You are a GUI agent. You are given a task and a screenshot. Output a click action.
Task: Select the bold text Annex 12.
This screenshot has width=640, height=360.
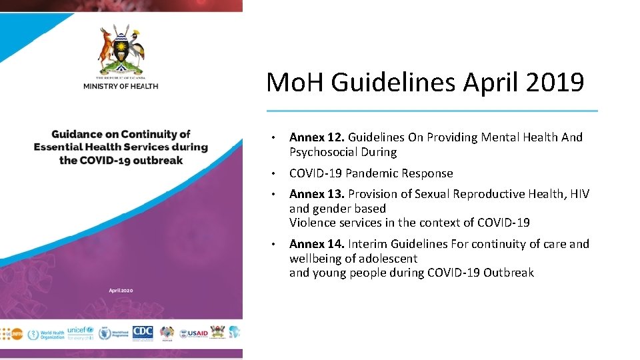click(x=316, y=137)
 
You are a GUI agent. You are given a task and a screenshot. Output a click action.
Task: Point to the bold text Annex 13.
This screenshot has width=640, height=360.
click(x=316, y=194)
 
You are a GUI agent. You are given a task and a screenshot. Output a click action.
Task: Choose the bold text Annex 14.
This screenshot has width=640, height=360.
click(x=316, y=244)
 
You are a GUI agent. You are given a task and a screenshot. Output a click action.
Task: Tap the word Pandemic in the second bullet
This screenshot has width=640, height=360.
click(x=372, y=173)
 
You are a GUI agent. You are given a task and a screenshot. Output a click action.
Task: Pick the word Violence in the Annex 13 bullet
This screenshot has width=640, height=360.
click(x=311, y=223)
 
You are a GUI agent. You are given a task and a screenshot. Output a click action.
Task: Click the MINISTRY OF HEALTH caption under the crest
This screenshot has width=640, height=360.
click(x=121, y=86)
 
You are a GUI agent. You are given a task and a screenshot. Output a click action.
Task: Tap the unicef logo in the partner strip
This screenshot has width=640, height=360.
click(x=81, y=331)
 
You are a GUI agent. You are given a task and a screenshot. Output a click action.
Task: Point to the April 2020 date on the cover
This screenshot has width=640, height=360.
click(x=121, y=289)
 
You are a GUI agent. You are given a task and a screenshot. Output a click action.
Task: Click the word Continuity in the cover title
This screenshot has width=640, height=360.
click(x=159, y=135)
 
